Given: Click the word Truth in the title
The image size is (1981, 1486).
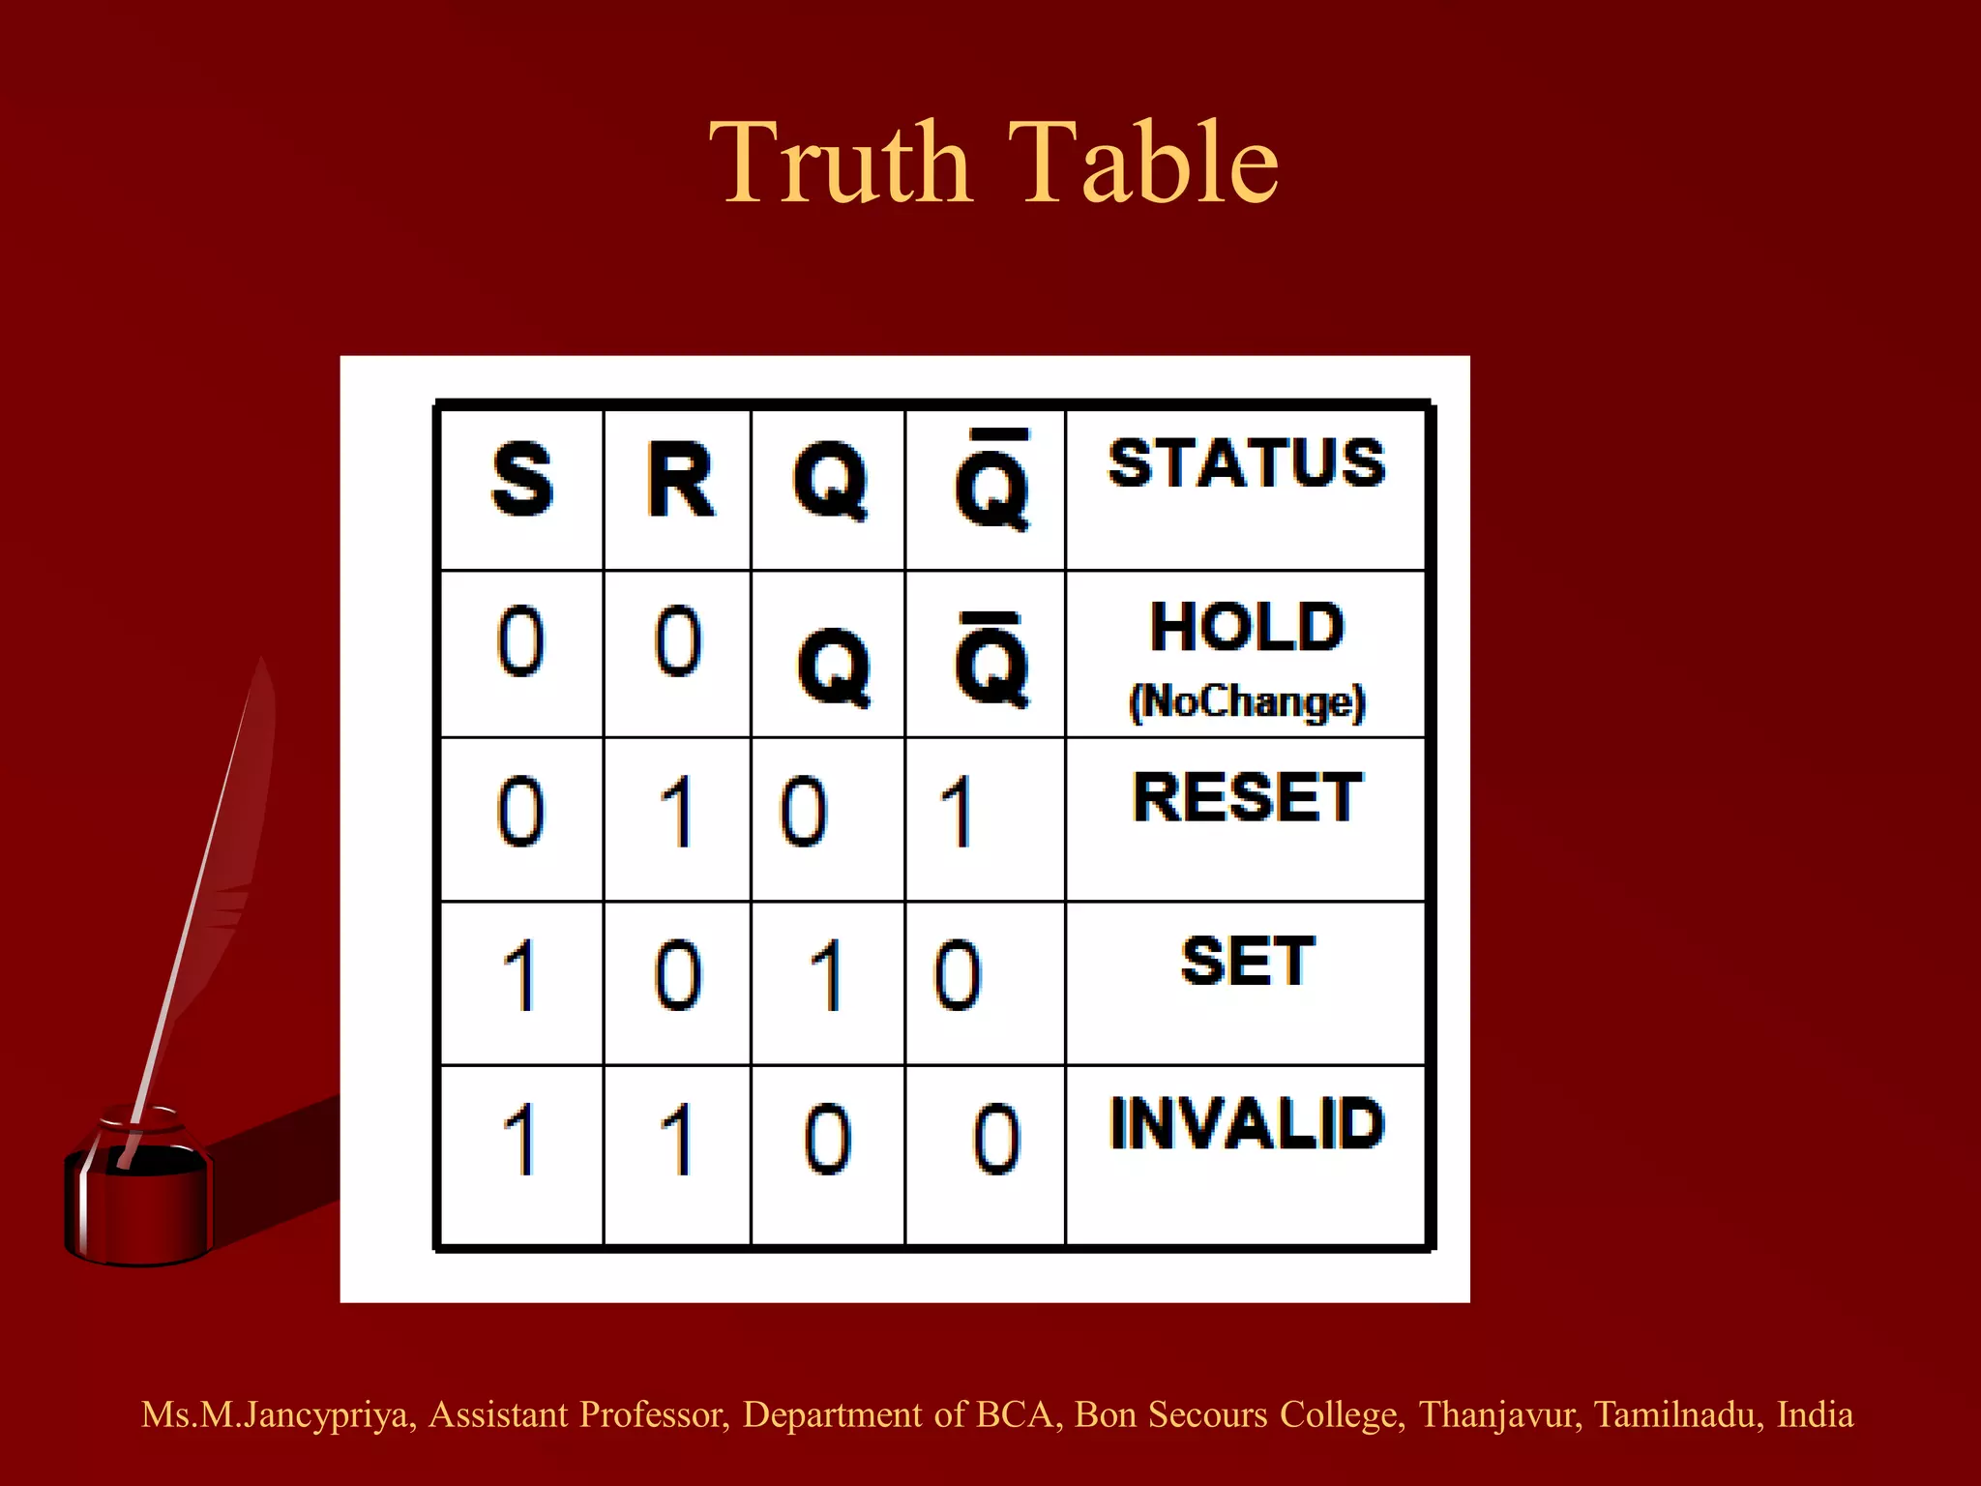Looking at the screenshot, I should (x=840, y=163).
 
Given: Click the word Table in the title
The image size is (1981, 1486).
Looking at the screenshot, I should (x=1143, y=163).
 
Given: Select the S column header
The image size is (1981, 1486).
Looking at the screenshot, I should (x=522, y=480).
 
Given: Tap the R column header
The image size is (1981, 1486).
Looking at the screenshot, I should (x=680, y=480).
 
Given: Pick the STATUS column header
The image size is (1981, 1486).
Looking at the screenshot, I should (x=1247, y=463).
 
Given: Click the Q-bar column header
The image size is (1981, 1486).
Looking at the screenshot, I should (x=990, y=482).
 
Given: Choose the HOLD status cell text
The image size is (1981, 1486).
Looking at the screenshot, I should (x=1247, y=627).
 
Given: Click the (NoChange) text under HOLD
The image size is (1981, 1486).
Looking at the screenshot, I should (x=1247, y=701).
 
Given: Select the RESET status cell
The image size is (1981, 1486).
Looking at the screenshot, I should (x=1247, y=798).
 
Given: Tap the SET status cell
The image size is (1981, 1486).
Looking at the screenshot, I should (x=1247, y=962).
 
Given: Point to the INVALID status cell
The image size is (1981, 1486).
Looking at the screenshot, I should (x=1247, y=1124).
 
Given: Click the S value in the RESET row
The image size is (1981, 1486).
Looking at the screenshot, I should (x=520, y=813).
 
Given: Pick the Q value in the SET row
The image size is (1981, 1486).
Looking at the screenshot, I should (x=827, y=977).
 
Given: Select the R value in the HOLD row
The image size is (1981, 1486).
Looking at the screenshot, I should (x=677, y=642).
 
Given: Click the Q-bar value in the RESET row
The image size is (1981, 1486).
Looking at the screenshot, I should (x=957, y=813).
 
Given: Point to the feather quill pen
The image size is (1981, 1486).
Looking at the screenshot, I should (x=213, y=871).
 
